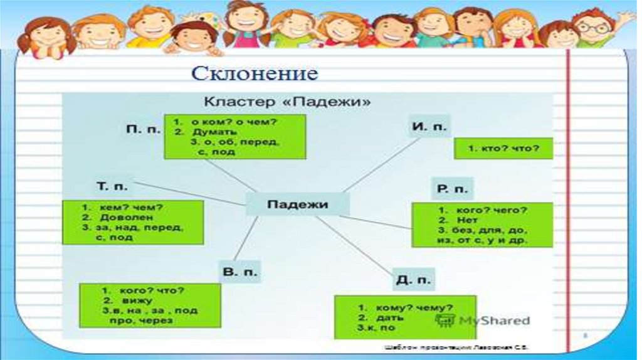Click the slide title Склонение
[255, 74]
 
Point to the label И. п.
[429, 126]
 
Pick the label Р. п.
[451, 189]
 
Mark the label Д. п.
[413, 280]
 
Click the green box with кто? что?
[503, 148]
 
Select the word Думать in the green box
[214, 132]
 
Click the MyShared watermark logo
[483, 320]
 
